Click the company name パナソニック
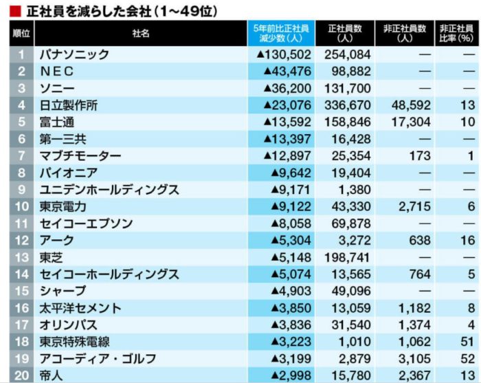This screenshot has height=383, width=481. point(74,54)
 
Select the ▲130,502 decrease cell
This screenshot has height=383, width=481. point(284,54)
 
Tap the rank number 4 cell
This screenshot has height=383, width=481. point(21,105)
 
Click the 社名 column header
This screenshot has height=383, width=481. point(141,33)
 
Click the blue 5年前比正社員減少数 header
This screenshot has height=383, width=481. point(281,33)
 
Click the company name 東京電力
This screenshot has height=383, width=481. point(63,206)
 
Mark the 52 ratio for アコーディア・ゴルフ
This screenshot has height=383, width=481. point(467,358)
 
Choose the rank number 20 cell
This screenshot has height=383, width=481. point(21,375)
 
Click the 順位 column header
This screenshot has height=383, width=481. point(21,33)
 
